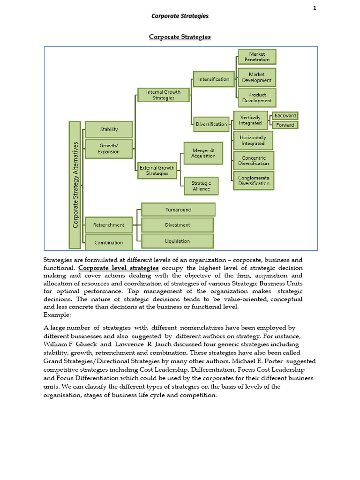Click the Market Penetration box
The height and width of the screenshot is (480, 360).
pyautogui.click(x=257, y=57)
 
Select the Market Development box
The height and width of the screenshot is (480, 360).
pyautogui.click(x=257, y=77)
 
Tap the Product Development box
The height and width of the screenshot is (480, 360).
pyautogui.click(x=257, y=97)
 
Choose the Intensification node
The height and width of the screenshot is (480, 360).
pyautogui.click(x=213, y=79)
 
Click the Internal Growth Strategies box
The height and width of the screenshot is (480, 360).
pyautogui.click(x=163, y=95)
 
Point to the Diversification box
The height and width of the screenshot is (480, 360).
pyautogui.click(x=211, y=124)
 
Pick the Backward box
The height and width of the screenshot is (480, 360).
pyautogui.click(x=285, y=116)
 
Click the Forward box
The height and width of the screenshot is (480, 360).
pyautogui.click(x=285, y=125)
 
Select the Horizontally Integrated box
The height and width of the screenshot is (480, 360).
pyautogui.click(x=253, y=141)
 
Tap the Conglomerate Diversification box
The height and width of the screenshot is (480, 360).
pyautogui.click(x=254, y=180)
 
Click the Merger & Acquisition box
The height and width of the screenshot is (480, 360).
pyautogui.click(x=203, y=153)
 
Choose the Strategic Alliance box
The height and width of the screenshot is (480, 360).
pyautogui.click(x=201, y=186)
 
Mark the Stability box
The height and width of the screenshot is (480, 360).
pyautogui.click(x=109, y=129)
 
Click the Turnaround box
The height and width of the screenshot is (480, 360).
pyautogui.click(x=178, y=210)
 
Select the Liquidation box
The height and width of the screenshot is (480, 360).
pyautogui.click(x=177, y=241)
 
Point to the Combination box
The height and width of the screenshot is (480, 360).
pyautogui.click(x=109, y=242)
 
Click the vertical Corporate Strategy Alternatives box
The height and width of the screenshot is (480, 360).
pyautogui.click(x=75, y=185)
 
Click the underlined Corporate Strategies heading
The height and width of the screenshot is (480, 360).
pyautogui.click(x=180, y=37)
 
